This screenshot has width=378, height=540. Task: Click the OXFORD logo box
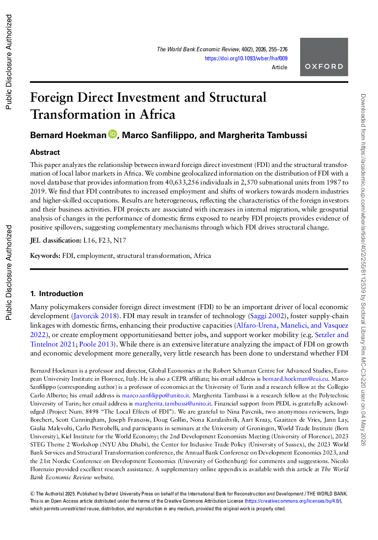click(x=324, y=57)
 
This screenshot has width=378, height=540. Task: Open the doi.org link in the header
click(x=246, y=58)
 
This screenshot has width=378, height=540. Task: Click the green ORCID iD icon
click(x=112, y=134)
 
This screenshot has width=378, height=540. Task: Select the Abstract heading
click(x=45, y=153)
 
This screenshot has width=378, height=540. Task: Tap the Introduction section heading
click(x=56, y=293)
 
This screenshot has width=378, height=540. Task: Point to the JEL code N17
click(x=120, y=240)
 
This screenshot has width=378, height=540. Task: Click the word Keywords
click(x=45, y=256)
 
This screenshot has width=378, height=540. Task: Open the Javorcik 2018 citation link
click(x=95, y=316)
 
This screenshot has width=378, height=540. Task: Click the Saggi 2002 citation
click(x=267, y=316)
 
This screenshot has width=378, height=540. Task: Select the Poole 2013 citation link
click(x=96, y=344)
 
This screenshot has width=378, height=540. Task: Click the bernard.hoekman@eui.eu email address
click(x=295, y=379)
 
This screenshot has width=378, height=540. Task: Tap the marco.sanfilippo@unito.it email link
click(x=156, y=396)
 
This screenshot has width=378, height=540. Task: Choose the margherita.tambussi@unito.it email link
click(x=173, y=404)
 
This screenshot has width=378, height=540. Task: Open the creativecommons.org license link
click(x=293, y=501)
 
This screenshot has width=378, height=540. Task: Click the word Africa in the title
click(x=157, y=114)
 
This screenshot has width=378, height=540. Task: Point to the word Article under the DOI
click(x=279, y=67)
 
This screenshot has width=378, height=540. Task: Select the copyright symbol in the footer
click(x=32, y=494)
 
